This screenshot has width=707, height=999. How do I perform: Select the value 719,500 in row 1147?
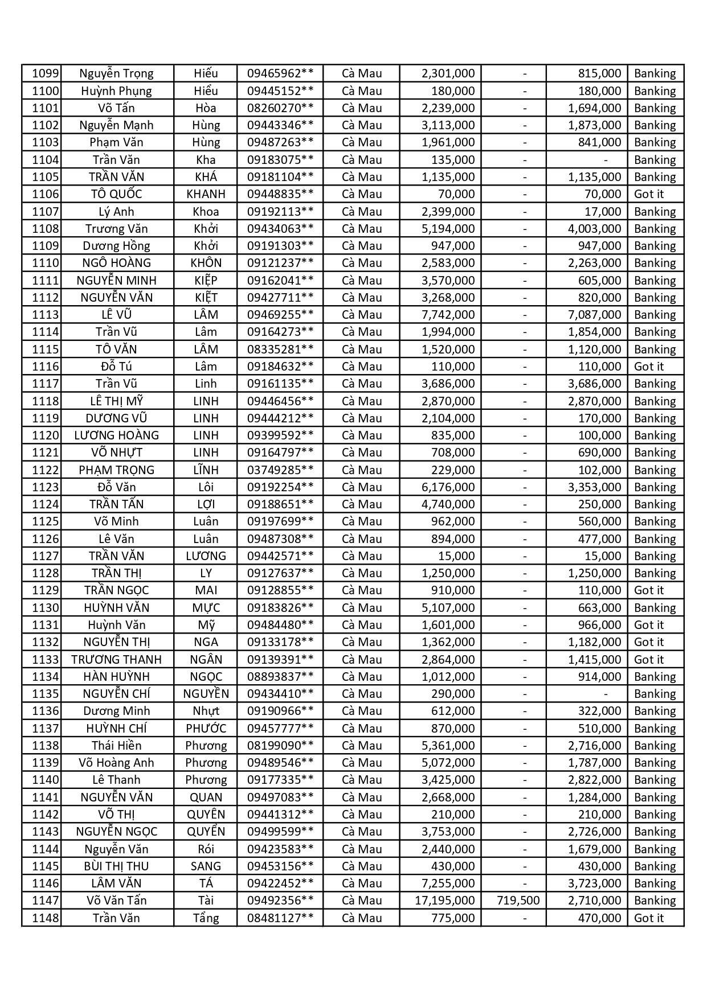(x=518, y=900)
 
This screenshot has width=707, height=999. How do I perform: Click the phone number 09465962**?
(x=280, y=73)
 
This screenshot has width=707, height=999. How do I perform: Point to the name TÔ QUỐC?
(x=116, y=194)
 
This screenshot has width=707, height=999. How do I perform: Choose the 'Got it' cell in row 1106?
(x=649, y=194)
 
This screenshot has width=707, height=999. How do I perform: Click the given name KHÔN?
(x=206, y=263)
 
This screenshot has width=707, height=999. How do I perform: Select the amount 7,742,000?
(x=448, y=315)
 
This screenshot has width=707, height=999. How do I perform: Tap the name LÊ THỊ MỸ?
(x=116, y=401)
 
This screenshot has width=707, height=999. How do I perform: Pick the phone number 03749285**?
(x=280, y=470)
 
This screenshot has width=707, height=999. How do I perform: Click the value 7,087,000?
(x=594, y=315)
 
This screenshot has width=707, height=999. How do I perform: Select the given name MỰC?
(x=206, y=607)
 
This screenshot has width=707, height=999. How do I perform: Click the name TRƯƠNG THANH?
(x=116, y=659)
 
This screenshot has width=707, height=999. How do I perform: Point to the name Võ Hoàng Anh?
(x=116, y=762)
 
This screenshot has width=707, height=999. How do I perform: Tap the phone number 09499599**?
(x=280, y=831)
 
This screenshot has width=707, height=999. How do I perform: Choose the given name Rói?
(x=206, y=849)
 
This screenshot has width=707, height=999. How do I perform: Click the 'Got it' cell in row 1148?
(x=649, y=918)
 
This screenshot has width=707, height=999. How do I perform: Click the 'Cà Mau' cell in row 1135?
(x=362, y=693)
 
